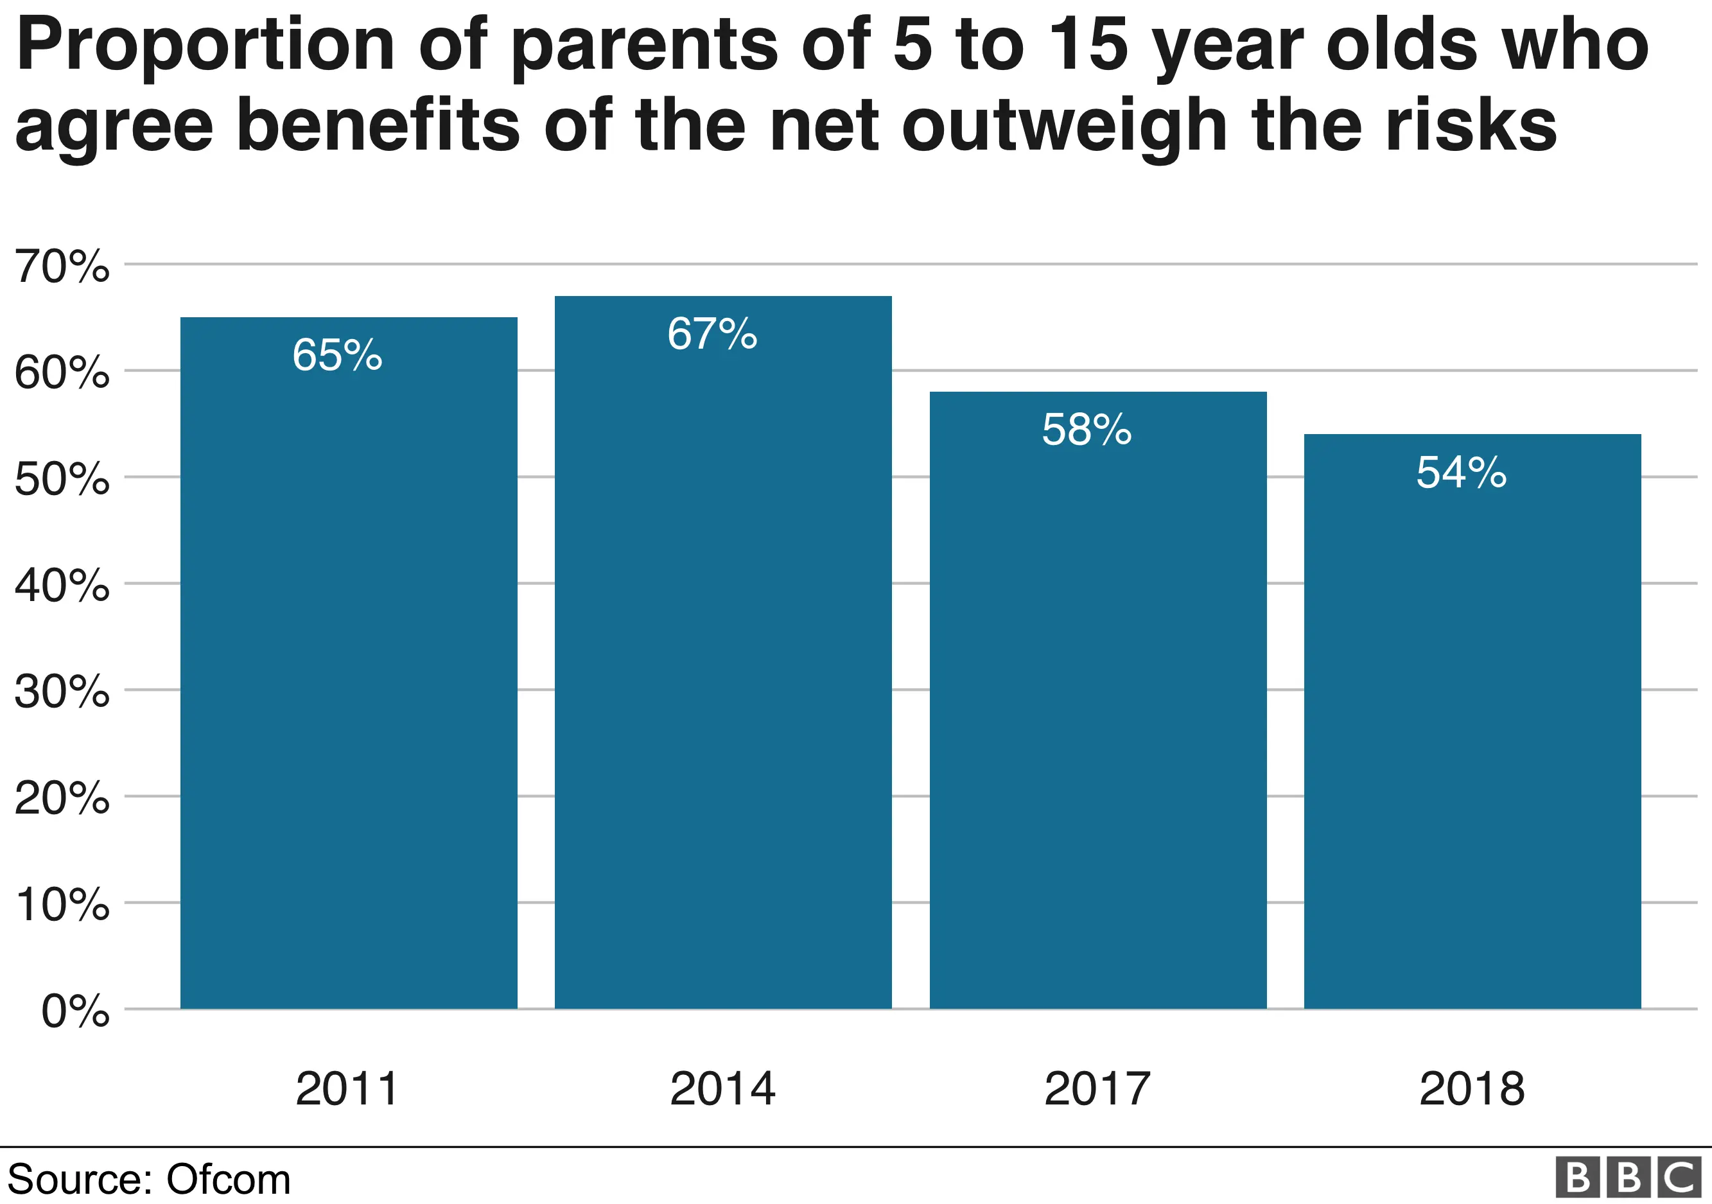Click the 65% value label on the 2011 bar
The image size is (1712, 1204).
(337, 355)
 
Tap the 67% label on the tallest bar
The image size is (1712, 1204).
(712, 334)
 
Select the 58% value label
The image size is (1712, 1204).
(1087, 430)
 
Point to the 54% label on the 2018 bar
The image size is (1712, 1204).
(1461, 473)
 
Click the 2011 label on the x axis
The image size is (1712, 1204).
(347, 1089)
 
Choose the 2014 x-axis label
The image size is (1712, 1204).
(722, 1089)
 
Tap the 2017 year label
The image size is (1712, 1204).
(1097, 1089)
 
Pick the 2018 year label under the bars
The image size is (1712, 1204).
(1472, 1089)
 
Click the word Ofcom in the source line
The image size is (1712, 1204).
(228, 1180)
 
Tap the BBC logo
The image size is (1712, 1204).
(1629, 1178)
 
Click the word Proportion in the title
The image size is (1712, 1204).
(205, 46)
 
